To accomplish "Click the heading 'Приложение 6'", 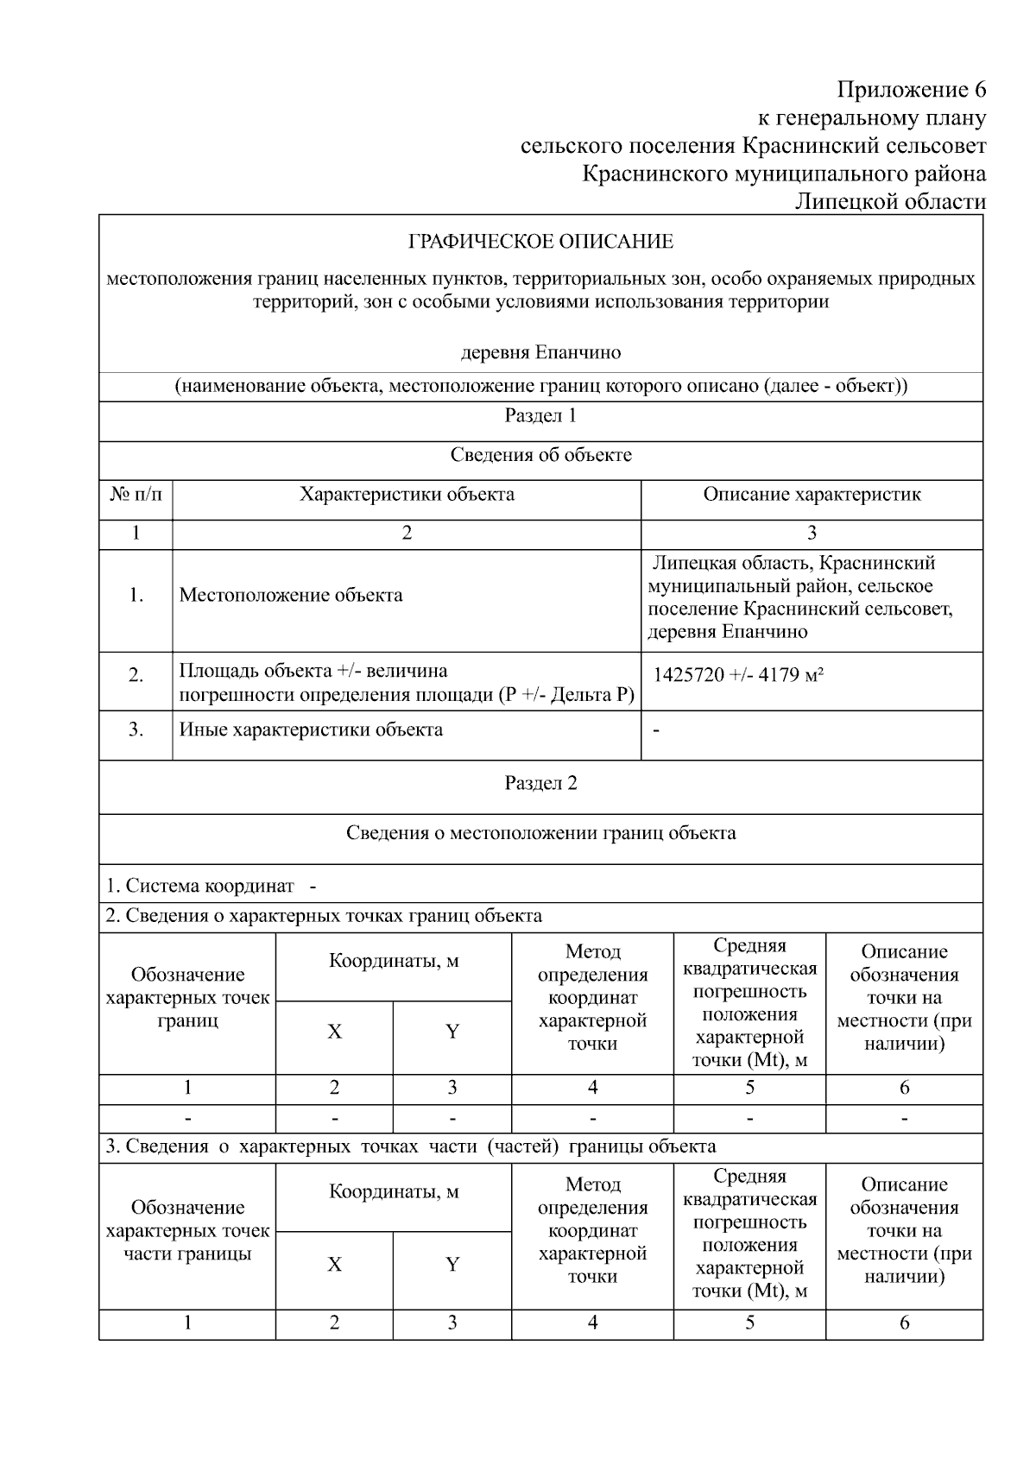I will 911,90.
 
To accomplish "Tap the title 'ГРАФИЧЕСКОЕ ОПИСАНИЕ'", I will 540,242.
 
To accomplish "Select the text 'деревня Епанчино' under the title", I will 540,352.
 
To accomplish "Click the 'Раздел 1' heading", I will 540,416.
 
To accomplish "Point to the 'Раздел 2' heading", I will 540,784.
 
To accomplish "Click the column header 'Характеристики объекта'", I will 407,495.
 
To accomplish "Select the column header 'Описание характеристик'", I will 812,495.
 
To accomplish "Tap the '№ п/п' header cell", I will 136,495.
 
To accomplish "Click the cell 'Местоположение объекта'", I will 291,596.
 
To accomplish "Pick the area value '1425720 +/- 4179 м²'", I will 738,675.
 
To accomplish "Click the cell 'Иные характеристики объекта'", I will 311,730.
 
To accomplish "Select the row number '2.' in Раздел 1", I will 136,675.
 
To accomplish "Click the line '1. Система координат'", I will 200,887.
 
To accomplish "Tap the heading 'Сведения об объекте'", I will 540,456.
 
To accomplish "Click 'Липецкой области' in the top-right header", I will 889,202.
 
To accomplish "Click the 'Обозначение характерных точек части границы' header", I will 187,1231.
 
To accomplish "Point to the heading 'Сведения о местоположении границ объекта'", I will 540,834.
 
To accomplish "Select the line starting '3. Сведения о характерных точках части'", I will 411,1147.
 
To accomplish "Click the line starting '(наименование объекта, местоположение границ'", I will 540,386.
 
